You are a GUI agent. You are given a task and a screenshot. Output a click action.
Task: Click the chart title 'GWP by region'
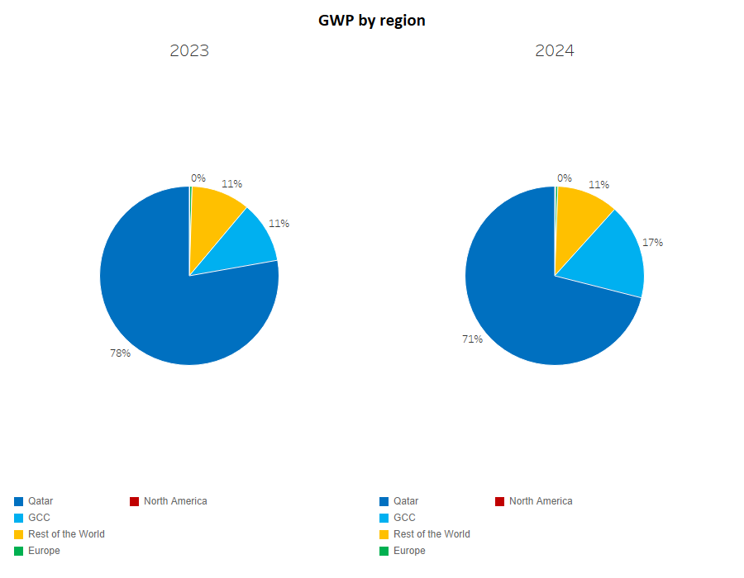click(x=372, y=21)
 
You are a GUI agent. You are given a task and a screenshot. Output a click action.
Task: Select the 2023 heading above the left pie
click(x=189, y=50)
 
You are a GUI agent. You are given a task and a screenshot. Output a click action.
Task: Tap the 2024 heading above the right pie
click(x=555, y=50)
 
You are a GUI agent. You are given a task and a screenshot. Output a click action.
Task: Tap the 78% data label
click(x=121, y=353)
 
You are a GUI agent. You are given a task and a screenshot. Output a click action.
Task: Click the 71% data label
click(x=473, y=339)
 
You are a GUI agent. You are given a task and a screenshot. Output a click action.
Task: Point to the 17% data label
click(x=653, y=243)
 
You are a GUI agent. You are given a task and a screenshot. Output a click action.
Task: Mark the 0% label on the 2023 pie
click(x=198, y=178)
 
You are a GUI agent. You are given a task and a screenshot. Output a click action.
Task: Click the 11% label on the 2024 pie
click(x=599, y=184)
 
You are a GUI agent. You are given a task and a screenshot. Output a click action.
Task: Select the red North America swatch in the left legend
click(x=134, y=501)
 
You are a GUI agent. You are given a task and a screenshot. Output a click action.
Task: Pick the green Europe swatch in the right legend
click(x=384, y=551)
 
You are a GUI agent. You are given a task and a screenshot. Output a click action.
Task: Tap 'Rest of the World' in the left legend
click(x=66, y=534)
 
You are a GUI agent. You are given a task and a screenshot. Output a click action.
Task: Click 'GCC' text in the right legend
click(x=404, y=518)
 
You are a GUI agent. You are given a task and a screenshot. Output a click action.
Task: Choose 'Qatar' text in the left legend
click(x=41, y=501)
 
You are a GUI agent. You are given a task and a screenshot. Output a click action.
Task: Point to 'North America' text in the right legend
click(x=541, y=501)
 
